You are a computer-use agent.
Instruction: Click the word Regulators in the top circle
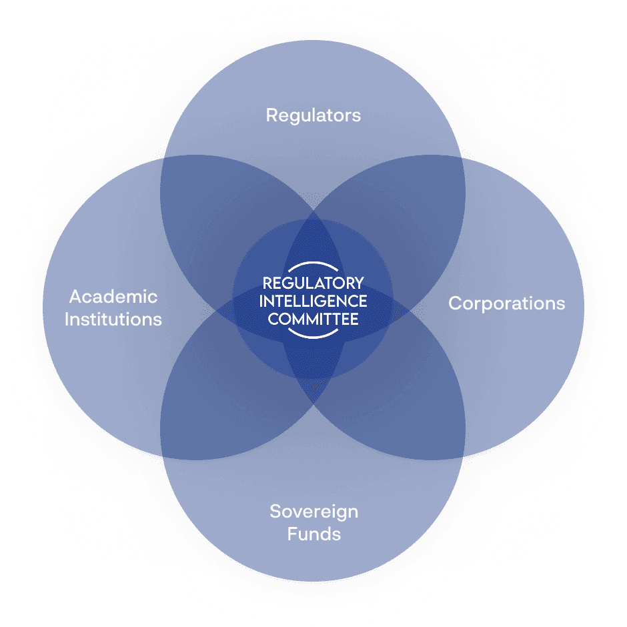[x=313, y=115]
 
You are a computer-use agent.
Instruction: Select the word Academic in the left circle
[x=113, y=296]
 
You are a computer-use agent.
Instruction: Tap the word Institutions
[x=113, y=320]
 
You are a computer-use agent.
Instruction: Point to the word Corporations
[x=507, y=303]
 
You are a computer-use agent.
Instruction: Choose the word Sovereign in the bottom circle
[x=313, y=512]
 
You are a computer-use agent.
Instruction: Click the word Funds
[x=314, y=534]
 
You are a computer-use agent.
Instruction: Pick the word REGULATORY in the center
[x=313, y=283]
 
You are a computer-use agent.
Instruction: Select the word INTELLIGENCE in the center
[x=313, y=301]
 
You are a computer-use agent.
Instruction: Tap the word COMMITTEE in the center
[x=313, y=319]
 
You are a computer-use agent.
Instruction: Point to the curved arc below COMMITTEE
[x=313, y=336]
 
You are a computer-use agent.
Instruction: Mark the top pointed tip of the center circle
[x=313, y=215]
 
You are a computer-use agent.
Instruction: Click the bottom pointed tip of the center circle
[x=313, y=400]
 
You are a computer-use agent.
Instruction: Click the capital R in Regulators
[x=271, y=115]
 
